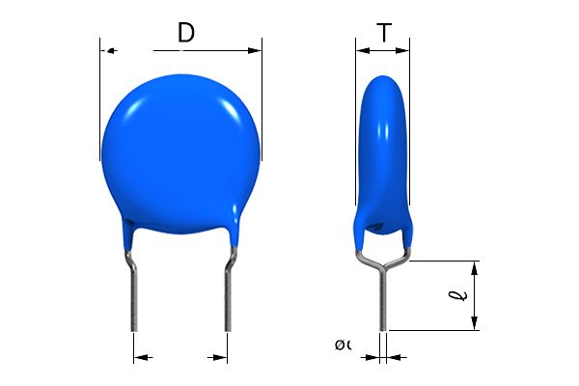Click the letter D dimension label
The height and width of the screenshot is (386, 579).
point(186,33)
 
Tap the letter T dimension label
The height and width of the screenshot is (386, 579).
point(384,33)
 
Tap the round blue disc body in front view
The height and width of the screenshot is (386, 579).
point(180,145)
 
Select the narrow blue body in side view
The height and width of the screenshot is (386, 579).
point(382,154)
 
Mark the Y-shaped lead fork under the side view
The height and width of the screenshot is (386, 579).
point(383,259)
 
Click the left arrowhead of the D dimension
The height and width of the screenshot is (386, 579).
point(109,50)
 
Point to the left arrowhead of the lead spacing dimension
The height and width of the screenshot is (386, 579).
point(141,357)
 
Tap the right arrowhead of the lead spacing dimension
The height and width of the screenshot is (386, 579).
point(219,357)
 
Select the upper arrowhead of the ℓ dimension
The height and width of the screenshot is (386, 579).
point(475,267)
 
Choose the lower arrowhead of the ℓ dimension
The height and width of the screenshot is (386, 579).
point(475,322)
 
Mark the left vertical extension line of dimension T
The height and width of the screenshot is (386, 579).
point(356,68)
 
